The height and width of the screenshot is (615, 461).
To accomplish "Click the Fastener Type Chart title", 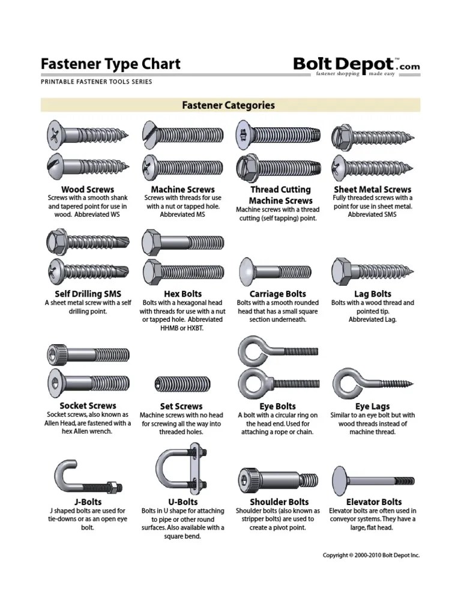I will pos(110,64).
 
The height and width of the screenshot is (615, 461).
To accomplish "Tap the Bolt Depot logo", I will pos(356,65).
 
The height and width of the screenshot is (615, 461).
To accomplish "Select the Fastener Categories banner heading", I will pos(228,105).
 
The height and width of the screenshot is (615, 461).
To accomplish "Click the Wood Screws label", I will pos(88,189).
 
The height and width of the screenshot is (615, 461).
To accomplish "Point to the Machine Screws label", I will pos(182,189).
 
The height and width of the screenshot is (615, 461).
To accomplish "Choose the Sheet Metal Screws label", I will pos(372,189).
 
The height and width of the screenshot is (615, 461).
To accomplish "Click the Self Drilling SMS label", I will pos(88,294).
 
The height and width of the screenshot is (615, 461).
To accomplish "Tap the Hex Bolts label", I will pos(182,294).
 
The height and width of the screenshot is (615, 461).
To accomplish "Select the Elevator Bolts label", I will pos(374,501).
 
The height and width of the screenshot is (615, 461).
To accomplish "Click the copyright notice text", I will pos(371,556).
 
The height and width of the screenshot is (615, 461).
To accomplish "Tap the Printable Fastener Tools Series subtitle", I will pos(96,82).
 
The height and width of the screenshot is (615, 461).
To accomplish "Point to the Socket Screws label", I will pos(88,405).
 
